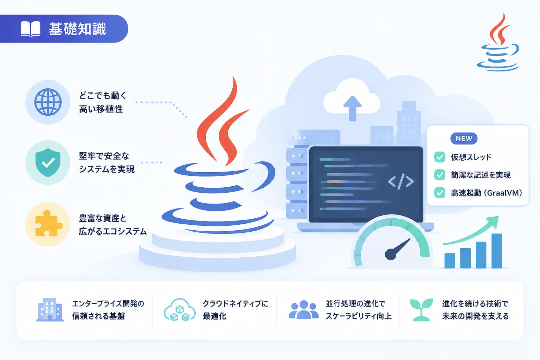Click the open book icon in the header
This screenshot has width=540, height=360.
[30, 29]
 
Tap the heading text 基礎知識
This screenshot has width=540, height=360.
[77, 29]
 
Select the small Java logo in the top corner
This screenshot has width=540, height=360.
[498, 42]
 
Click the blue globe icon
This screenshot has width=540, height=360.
[48, 102]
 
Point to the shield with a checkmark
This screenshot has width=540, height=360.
[48, 162]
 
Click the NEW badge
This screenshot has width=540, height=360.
[464, 139]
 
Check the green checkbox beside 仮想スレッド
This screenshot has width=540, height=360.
[439, 157]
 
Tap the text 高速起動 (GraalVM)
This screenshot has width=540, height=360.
[486, 193]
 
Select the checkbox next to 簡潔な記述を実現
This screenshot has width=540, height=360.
[439, 175]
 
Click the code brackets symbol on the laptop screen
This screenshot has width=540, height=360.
[401, 181]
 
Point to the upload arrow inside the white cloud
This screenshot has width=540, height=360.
[353, 108]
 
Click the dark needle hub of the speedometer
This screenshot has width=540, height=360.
[391, 254]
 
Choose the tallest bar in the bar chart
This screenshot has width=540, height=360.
[497, 251]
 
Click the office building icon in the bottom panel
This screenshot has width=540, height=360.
[50, 310]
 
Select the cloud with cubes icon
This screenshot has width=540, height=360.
[180, 310]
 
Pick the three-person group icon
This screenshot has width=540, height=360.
[303, 310]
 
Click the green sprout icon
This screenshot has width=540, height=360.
[421, 310]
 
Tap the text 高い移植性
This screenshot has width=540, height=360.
[101, 109]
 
